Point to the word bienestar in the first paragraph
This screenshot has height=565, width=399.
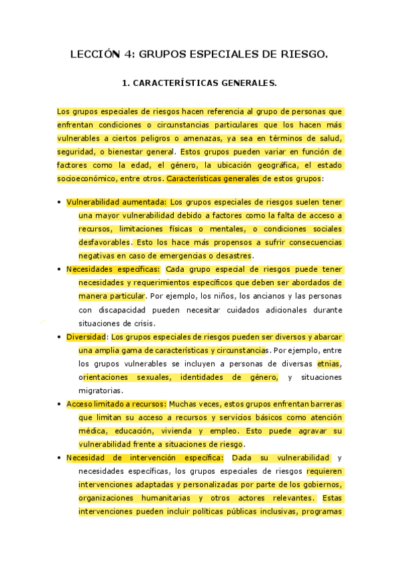121,151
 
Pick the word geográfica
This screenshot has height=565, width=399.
268,165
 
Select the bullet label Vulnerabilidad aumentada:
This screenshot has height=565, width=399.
117,202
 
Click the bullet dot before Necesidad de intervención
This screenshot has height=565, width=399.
59,458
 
